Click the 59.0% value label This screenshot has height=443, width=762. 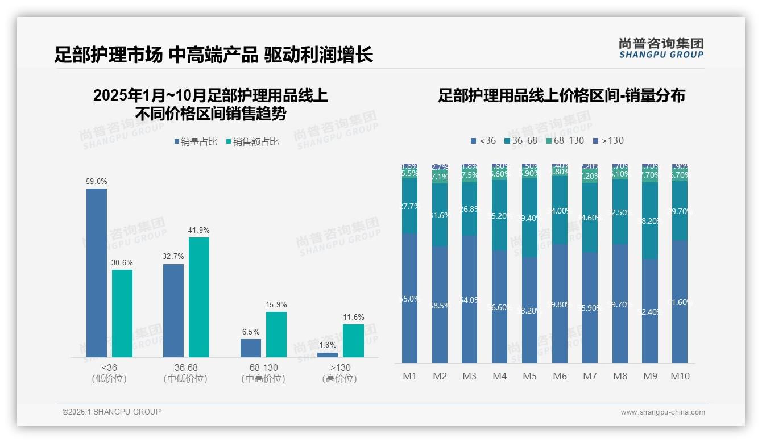96,181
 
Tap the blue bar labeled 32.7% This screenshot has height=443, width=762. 173,310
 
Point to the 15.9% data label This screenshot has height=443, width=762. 276,304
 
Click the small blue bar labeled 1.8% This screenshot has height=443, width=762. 328,355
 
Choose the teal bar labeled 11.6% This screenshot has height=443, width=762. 353,340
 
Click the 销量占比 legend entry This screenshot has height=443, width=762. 195,142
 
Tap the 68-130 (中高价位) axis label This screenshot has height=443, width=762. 263,373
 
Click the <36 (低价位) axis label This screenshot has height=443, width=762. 109,373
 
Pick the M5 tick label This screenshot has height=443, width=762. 529,376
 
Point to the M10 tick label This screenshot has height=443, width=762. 680,376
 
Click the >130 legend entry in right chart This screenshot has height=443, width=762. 608,140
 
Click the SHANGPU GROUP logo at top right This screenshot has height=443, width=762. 661,48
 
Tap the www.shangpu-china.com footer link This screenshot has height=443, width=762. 662,412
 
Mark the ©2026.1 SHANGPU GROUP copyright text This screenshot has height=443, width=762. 111,412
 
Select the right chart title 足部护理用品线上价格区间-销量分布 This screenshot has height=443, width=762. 561,95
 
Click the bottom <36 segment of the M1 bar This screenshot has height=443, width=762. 409,298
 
